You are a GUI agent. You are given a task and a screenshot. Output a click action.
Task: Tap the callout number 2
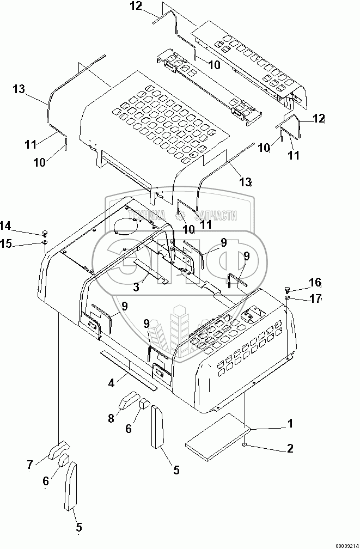(290, 449)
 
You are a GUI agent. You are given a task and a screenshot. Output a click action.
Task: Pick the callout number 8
(112, 418)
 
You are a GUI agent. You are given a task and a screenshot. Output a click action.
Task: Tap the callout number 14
(5, 226)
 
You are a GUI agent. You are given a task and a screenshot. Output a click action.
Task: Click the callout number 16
(315, 282)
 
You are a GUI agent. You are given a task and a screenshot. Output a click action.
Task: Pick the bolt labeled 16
(287, 288)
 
